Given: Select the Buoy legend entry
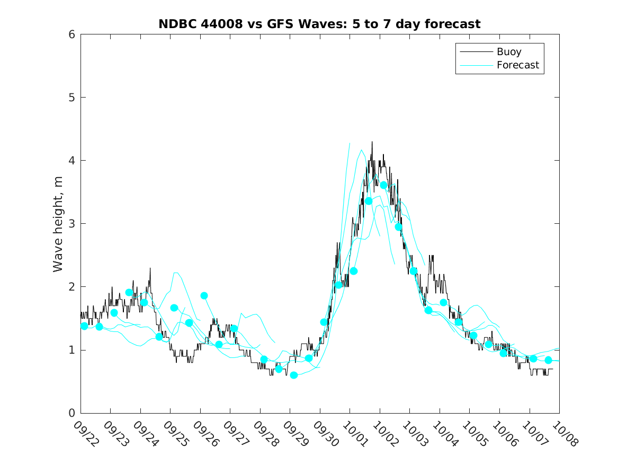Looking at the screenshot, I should click(509, 52).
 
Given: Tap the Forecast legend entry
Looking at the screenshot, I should click(518, 65).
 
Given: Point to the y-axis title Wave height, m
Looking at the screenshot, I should click(58, 224).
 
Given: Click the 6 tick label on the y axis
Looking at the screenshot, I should click(70, 34).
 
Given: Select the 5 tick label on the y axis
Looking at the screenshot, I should click(70, 98).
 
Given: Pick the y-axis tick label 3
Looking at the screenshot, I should click(70, 224).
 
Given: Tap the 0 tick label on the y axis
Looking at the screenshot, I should click(70, 413).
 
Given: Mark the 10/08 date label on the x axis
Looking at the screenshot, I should click(562, 434).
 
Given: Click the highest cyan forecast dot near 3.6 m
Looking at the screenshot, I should click(384, 185).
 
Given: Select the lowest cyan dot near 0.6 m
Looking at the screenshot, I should click(294, 375).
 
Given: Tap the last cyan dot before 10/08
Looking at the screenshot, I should click(548, 360).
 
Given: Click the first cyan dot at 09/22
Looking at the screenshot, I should click(84, 326).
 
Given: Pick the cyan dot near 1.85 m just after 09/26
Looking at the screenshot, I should click(204, 296).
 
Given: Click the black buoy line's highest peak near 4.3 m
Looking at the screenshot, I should click(372, 142).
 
